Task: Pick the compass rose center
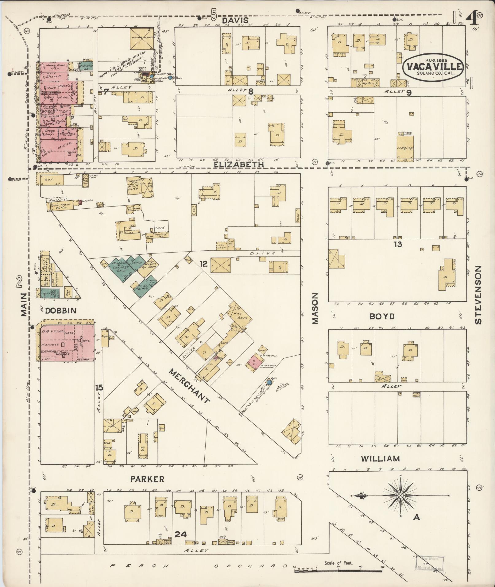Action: point(400,504)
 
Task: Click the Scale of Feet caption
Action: point(339,563)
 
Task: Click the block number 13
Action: point(398,244)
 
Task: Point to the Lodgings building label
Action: point(405,148)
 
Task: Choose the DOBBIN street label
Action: point(60,311)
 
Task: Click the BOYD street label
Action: point(382,316)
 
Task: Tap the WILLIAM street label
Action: point(380,459)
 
